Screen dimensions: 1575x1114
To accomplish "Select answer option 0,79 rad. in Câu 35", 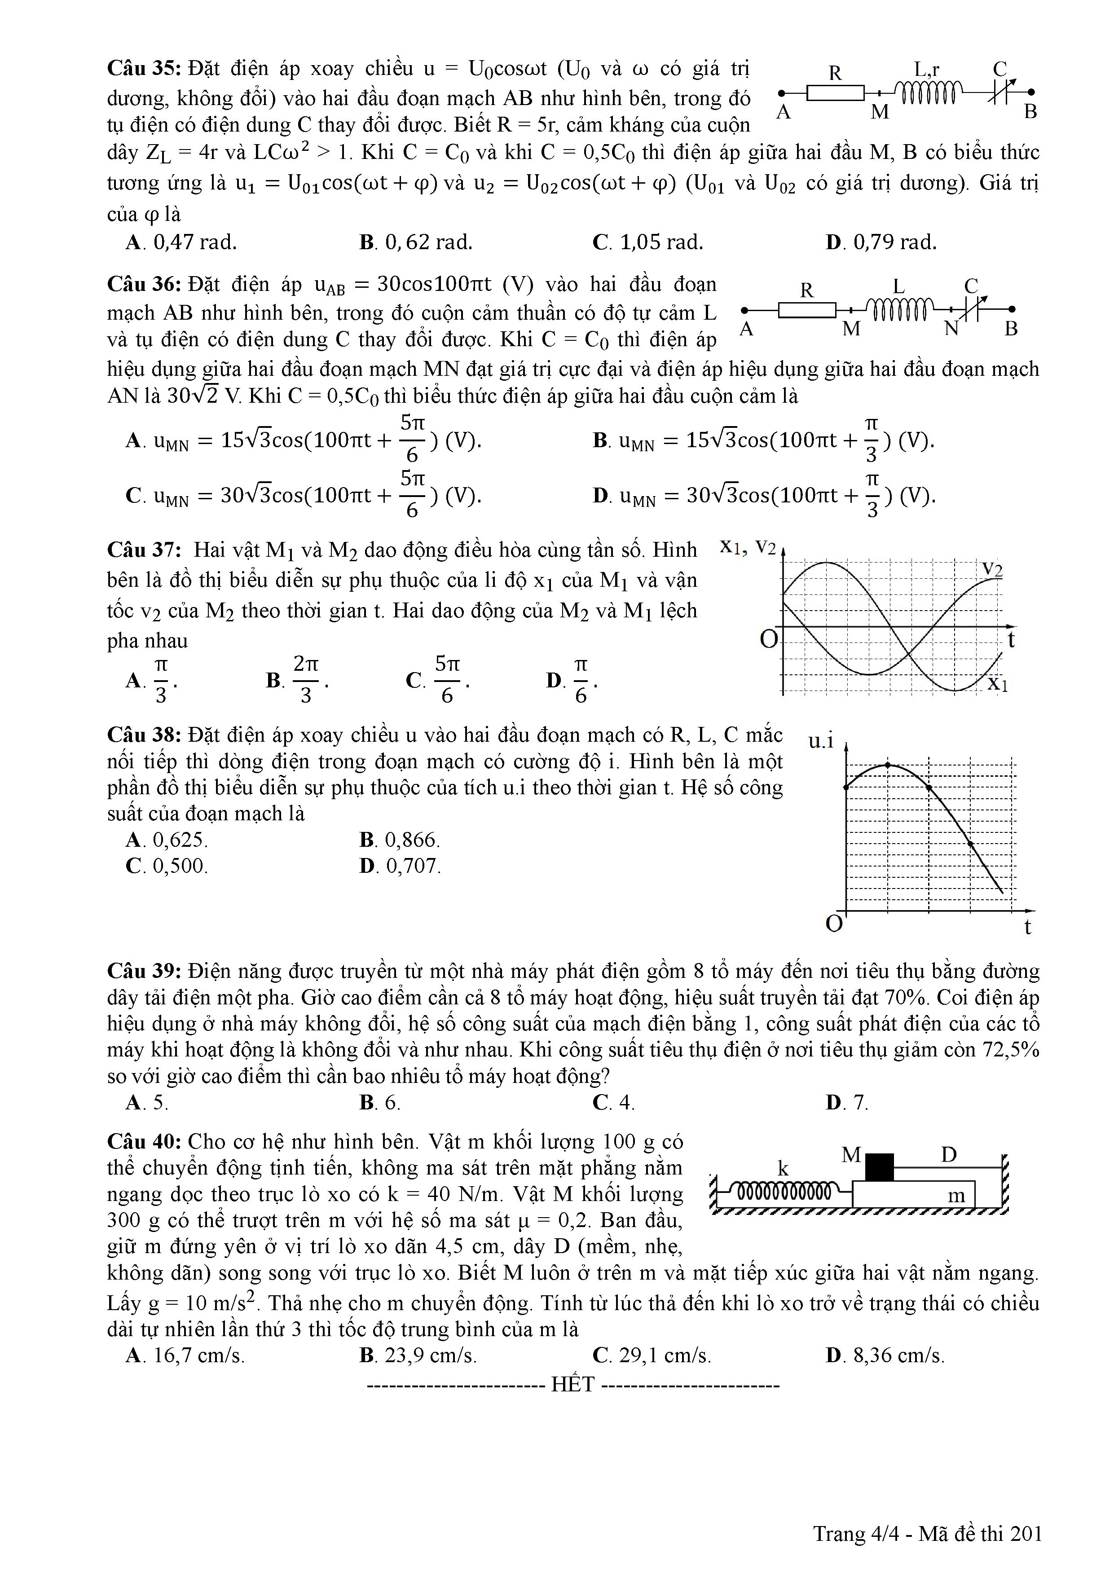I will tap(882, 242).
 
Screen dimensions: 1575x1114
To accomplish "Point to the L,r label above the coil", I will tap(927, 69).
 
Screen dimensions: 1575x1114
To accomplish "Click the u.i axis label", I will tap(821, 741).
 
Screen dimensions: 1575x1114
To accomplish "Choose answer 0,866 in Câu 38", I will tap(401, 840).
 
